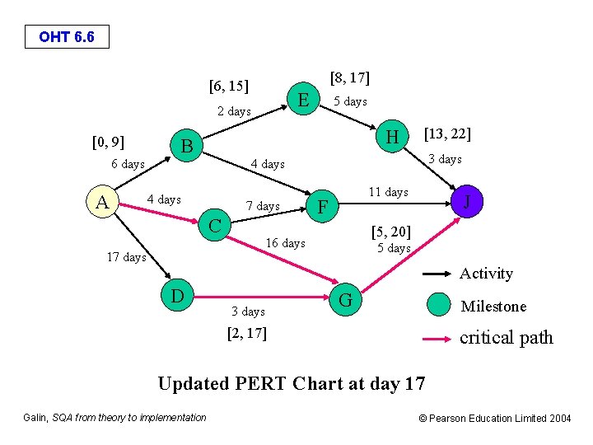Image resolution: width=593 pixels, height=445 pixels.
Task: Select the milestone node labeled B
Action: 187,148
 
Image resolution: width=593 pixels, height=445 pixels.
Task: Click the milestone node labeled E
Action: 303,101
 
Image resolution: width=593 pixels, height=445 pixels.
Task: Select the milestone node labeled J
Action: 467,200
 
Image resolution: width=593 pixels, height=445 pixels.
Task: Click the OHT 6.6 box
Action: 66,37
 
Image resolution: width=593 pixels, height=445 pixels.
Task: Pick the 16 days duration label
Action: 285,243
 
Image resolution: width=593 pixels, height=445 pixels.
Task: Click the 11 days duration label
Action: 388,192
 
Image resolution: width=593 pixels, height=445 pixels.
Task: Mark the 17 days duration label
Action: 127,257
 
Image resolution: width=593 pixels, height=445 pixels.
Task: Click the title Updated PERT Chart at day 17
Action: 291,383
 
